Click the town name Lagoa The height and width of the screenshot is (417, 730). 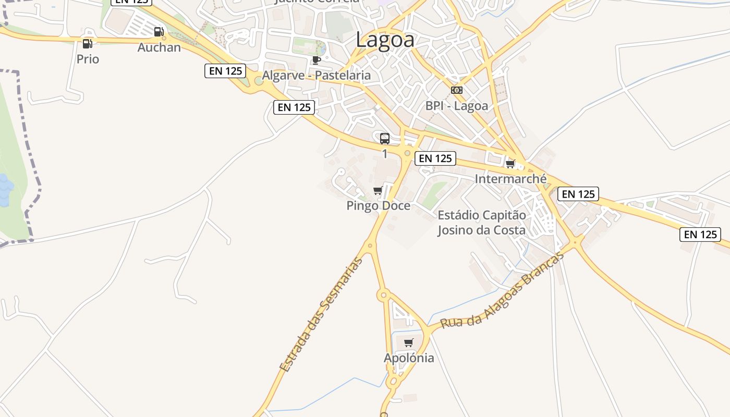tap(385, 40)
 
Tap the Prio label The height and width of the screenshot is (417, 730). tap(88, 59)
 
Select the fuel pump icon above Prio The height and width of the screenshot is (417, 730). tap(87, 44)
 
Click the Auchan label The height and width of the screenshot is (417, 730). tap(159, 47)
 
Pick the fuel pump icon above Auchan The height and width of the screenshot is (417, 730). tap(159, 32)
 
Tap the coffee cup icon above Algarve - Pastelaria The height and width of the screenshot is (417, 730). tap(316, 60)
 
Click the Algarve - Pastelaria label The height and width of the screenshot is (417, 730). tap(316, 75)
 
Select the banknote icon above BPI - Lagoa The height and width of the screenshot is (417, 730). tap(457, 90)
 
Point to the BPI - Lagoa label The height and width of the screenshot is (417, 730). tap(457, 106)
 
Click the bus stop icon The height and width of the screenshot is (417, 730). tap(385, 139)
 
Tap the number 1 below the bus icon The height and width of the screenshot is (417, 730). tap(385, 154)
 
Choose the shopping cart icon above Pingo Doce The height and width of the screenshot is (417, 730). tap(378, 191)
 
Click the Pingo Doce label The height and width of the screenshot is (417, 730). tap(379, 206)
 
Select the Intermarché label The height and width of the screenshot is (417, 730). tap(510, 179)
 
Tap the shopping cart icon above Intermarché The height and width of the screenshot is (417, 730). tap(510, 164)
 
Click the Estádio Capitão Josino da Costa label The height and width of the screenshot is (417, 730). tap(481, 223)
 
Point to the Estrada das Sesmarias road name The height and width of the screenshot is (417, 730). tap(321, 314)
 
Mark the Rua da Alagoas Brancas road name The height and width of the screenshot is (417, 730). tap(503, 291)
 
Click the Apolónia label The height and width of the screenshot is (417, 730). tap(409, 358)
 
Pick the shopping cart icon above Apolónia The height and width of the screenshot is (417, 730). tap(409, 343)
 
